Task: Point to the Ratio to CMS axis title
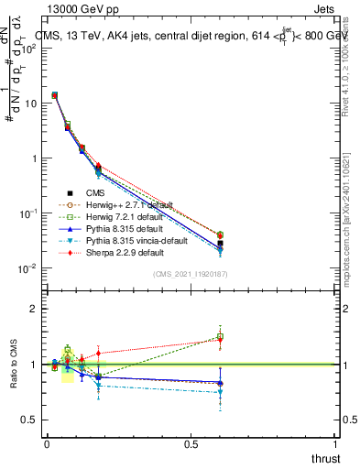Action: point(13,365)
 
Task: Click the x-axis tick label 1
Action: point(335,443)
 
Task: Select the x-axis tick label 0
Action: point(46,443)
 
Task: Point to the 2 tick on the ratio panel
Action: point(33,310)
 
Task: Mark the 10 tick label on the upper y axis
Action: point(27,103)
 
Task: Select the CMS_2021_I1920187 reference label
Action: point(191,275)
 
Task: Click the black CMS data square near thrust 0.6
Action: point(220,244)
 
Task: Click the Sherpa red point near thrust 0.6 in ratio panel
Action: point(220,338)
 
